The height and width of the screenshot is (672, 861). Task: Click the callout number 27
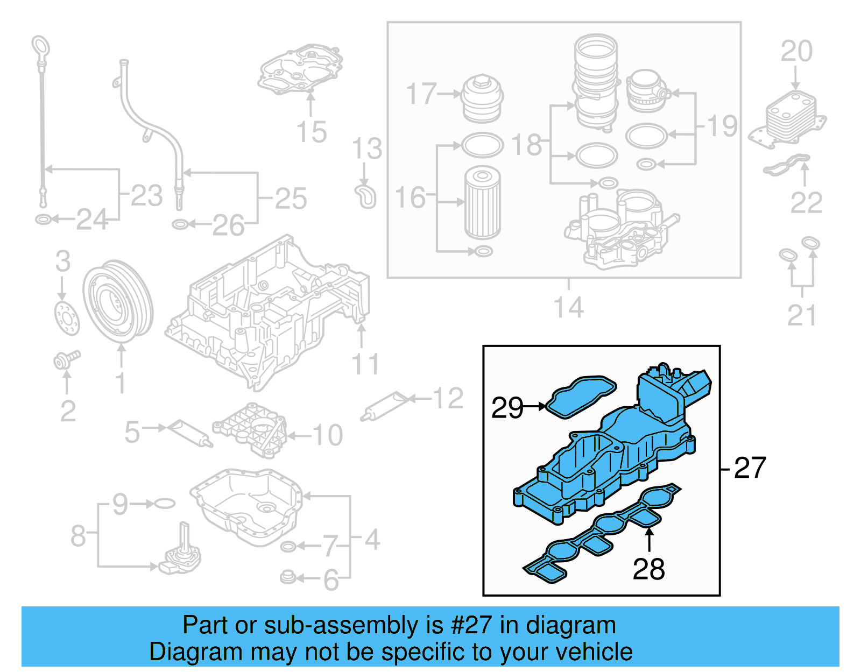750,468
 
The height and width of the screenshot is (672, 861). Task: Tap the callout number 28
648,569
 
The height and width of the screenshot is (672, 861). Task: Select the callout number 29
506,407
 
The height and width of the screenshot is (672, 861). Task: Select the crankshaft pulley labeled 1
118,301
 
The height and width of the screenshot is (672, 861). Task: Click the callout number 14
568,308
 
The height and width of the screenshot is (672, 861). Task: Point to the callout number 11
365,364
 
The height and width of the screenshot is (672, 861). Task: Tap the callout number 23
146,195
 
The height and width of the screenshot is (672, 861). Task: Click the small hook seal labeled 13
366,196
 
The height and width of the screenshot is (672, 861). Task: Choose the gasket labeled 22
786,165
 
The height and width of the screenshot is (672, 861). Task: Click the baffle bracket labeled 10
251,429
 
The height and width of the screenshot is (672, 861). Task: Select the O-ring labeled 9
165,504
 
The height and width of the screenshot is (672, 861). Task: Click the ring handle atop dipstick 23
40,45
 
